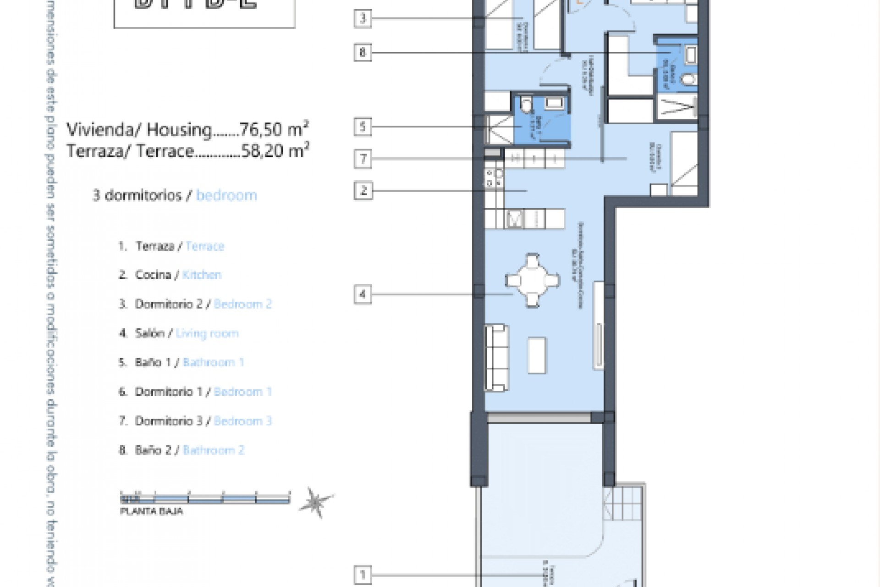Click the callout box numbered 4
(x=363, y=294)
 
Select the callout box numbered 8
(x=363, y=52)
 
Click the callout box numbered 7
(x=363, y=159)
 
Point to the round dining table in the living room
(x=532, y=280)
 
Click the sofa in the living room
(x=497, y=358)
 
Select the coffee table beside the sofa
(x=537, y=355)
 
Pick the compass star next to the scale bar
(x=315, y=502)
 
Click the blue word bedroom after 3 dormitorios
(x=226, y=195)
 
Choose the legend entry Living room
(x=207, y=333)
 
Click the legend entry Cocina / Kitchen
(x=178, y=275)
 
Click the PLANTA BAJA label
(x=151, y=511)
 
